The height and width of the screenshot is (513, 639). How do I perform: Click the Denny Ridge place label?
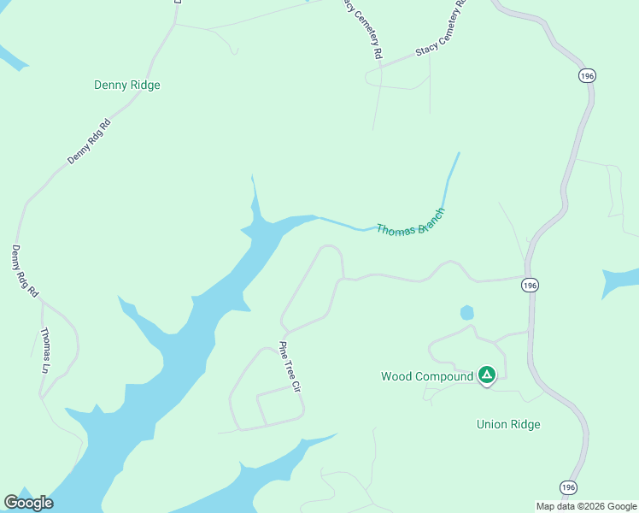(127, 85)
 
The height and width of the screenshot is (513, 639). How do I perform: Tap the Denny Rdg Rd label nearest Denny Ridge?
(90, 142)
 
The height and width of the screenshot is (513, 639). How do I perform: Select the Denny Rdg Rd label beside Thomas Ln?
(25, 271)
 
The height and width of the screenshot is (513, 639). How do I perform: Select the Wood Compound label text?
(426, 376)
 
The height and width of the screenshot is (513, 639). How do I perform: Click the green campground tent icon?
(487, 374)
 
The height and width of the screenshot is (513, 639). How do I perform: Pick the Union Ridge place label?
(507, 424)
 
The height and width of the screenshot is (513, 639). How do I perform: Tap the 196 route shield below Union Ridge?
(569, 486)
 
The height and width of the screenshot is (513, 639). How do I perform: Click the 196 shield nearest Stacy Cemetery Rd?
(586, 76)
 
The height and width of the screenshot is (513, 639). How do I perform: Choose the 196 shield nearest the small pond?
(531, 286)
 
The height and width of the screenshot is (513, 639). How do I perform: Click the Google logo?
(29, 503)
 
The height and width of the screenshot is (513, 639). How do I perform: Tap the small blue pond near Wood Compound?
(466, 313)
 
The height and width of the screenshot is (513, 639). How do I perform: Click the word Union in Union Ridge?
(491, 424)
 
